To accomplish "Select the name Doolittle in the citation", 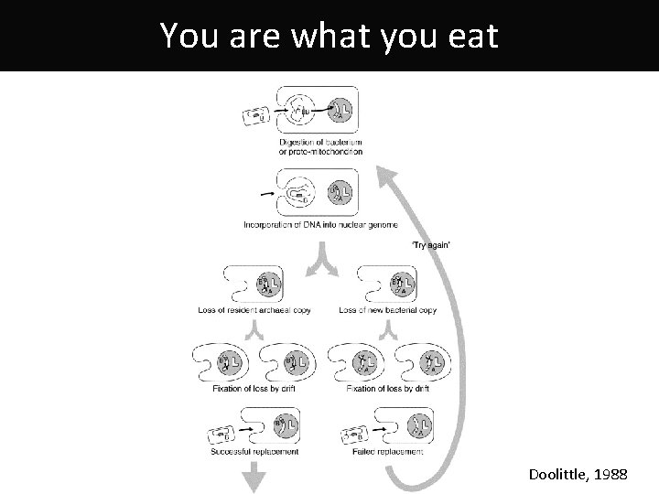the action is (560, 476).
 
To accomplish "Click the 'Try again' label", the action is (430, 244).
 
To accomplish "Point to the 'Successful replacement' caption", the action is (254, 452).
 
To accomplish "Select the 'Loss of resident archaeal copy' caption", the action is (254, 310).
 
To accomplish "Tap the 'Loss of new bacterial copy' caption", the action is (387, 310).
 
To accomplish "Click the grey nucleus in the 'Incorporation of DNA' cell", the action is (341, 193).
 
